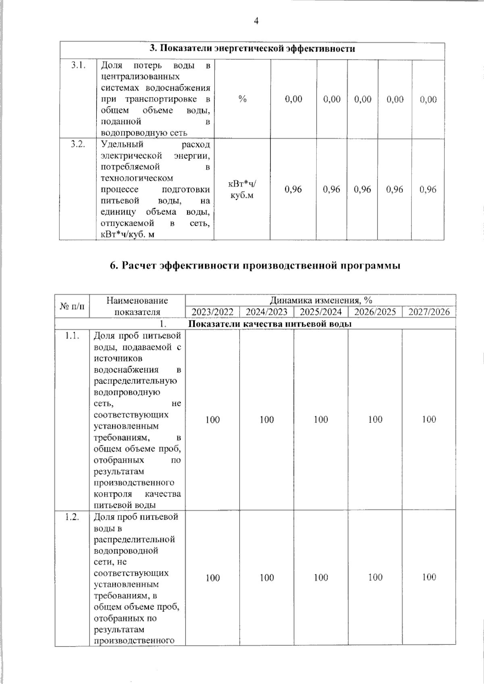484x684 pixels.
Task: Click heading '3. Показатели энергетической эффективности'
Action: pos(252,49)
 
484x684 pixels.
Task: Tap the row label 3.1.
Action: pos(78,65)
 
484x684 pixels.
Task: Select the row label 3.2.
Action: pos(78,145)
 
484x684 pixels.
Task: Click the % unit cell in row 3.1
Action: pos(242,99)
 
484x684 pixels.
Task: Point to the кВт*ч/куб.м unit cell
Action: pos(242,190)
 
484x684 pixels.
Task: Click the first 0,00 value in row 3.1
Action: pos(293,99)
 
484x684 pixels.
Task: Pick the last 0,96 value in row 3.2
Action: pos(428,189)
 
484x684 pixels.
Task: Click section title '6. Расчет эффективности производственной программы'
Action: pos(255,266)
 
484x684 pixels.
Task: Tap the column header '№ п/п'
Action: pos(72,306)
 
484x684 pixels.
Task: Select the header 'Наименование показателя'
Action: pos(137,306)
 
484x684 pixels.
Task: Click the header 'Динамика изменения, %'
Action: pos(321,300)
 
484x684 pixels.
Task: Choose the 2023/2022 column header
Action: pos(213,312)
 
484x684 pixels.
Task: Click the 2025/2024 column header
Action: pos(321,312)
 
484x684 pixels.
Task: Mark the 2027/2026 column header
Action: pos(429,312)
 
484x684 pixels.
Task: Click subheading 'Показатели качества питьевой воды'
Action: pos(270,324)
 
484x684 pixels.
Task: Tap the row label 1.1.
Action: pos(72,335)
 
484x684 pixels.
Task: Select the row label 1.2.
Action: pos(72,516)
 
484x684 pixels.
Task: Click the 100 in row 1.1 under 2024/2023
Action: pos(267,420)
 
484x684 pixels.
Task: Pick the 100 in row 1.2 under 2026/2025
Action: pos(375,577)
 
